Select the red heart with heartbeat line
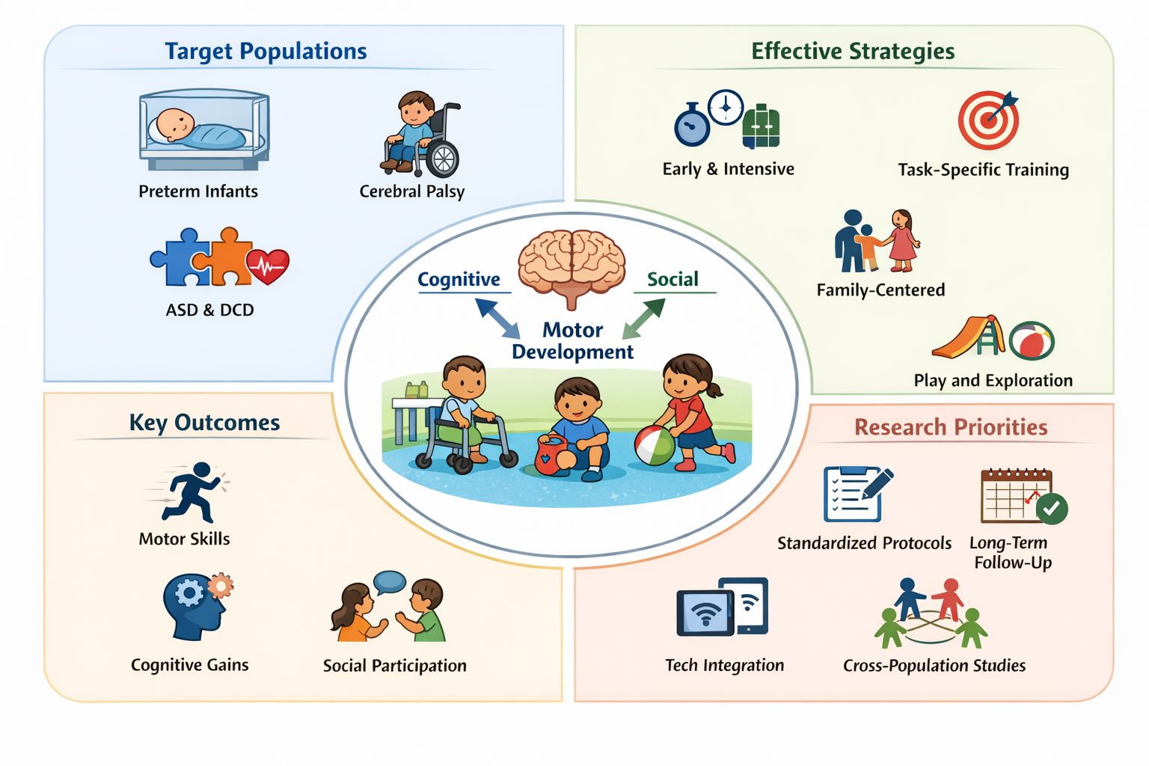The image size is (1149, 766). (268, 266)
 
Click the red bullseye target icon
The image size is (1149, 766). (988, 120)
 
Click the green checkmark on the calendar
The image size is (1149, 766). (1052, 508)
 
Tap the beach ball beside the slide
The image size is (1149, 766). (1032, 341)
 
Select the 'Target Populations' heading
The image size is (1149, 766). (266, 51)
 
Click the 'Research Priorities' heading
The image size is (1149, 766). (951, 427)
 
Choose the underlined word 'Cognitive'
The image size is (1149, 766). (459, 279)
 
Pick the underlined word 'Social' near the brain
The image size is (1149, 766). (672, 279)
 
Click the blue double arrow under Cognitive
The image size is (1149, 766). (497, 319)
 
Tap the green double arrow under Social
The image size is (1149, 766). (644, 319)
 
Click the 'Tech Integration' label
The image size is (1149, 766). (724, 665)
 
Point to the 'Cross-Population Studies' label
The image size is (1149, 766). (934, 665)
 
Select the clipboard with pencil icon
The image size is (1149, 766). (857, 494)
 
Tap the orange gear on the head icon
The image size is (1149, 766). (220, 586)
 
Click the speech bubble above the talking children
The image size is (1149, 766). (390, 581)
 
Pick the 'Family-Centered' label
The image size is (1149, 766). (880, 289)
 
